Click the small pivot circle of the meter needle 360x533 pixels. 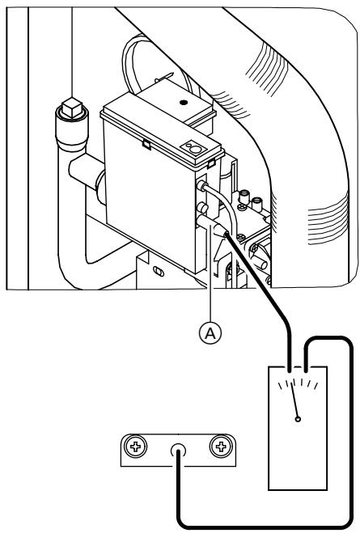[x=299, y=420]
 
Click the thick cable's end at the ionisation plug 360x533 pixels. [x=229, y=235]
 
